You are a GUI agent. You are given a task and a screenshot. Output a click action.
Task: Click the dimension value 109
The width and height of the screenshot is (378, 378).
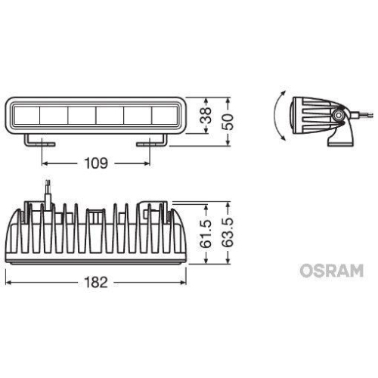point(95,163)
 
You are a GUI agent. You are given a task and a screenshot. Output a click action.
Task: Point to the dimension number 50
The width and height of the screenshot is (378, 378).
point(237,116)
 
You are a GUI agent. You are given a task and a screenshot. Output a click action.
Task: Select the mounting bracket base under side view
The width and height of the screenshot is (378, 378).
point(339,139)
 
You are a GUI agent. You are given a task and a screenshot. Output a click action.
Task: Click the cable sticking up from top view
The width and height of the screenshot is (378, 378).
point(48,190)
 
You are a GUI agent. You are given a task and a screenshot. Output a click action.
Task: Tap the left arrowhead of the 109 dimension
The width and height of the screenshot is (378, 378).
point(44,163)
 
